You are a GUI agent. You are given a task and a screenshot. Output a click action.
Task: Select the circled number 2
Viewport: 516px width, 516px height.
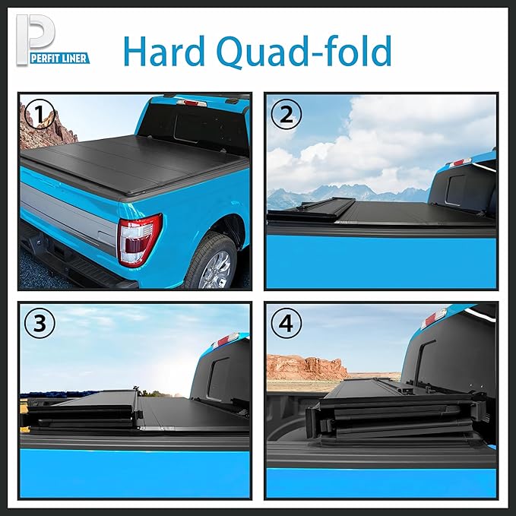point(286,115)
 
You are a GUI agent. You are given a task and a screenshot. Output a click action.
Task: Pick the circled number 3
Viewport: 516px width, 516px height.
point(39,324)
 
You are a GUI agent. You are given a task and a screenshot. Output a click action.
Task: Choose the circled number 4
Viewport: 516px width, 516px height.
point(286,324)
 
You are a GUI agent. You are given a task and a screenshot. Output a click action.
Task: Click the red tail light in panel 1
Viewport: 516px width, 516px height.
point(139,239)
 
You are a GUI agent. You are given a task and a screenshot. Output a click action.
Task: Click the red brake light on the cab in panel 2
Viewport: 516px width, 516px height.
point(459,163)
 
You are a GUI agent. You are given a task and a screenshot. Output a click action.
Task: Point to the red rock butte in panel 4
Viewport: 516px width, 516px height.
point(304,368)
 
